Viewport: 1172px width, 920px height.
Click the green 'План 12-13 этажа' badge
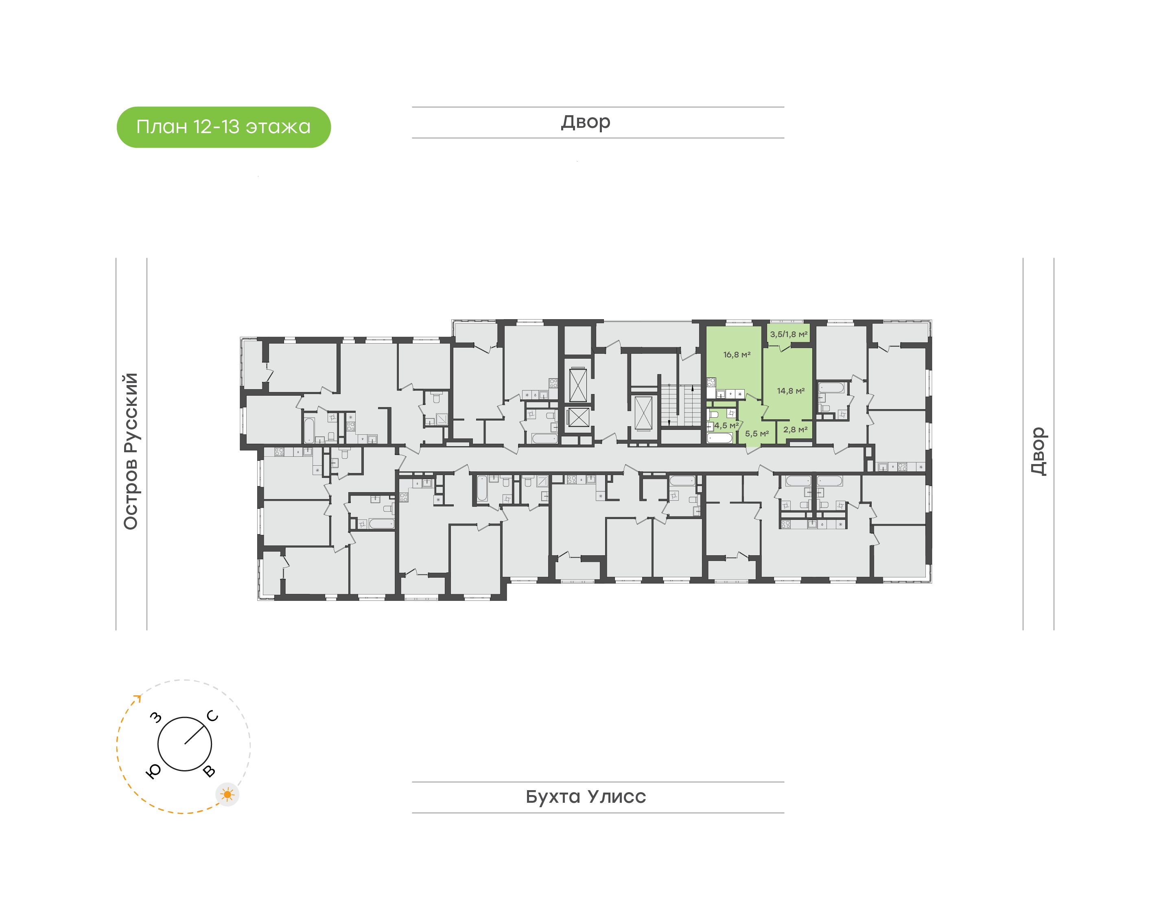[x=223, y=127]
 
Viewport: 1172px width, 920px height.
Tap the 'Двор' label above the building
[x=586, y=122]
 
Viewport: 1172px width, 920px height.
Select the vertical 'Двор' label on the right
[x=1039, y=451]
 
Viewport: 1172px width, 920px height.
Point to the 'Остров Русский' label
[x=131, y=451]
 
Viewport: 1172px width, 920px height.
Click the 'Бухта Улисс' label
[x=586, y=797]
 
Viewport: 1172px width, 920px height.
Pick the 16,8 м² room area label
[x=737, y=355]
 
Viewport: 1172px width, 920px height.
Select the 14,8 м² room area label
[x=790, y=391]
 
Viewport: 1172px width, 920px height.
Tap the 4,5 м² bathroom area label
[x=726, y=425]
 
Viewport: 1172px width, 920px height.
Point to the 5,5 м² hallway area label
[x=757, y=434]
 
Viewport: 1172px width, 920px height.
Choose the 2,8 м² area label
[x=795, y=429]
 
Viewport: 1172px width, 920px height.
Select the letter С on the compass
[x=213, y=716]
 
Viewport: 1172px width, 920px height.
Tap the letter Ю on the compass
[x=153, y=772]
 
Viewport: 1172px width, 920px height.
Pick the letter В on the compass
[x=209, y=771]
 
